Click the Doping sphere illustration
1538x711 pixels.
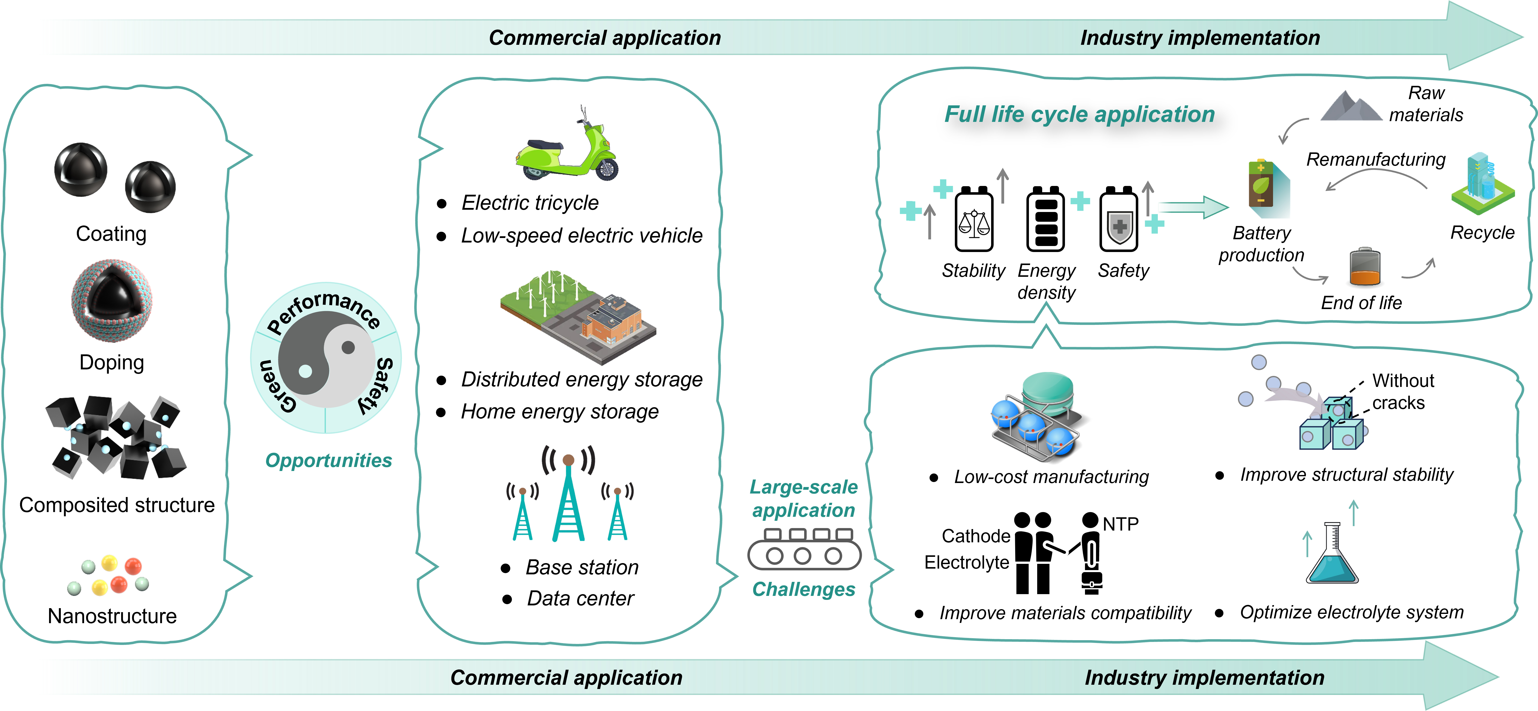(x=112, y=300)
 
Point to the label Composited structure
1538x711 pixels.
(x=116, y=505)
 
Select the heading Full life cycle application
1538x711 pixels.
(x=1079, y=114)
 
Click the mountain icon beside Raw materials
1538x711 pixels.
(x=1351, y=106)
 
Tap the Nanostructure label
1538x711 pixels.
(x=112, y=615)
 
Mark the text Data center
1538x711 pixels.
(x=580, y=598)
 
